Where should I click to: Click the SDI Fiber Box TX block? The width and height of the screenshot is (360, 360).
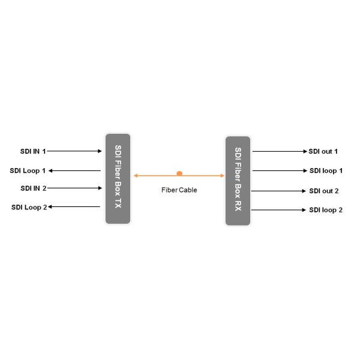point(118,178)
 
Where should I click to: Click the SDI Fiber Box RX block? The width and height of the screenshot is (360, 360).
point(238,181)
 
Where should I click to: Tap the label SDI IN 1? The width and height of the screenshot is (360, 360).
point(32,151)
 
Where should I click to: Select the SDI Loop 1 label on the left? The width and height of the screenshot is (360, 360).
point(28,170)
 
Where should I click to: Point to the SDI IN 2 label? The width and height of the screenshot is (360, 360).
point(33,188)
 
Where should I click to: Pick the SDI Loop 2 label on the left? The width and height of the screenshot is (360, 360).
point(29,208)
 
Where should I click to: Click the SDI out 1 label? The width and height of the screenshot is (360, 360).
point(323,151)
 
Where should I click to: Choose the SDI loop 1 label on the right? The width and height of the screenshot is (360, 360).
point(326,171)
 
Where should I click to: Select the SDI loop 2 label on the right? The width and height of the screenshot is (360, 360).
point(326,210)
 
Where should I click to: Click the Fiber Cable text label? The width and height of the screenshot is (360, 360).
point(179,190)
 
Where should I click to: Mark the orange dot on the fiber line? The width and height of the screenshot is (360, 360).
point(179,173)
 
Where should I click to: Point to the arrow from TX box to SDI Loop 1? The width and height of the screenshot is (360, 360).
point(74,170)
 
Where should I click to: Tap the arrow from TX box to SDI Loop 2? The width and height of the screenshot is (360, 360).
point(74,207)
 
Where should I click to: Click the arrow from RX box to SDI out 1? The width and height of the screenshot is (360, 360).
point(279,151)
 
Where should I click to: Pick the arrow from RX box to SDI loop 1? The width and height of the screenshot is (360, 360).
point(279,171)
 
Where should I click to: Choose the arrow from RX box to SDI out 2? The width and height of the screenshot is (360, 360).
point(279,191)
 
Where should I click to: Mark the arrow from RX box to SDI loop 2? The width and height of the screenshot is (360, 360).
point(279,210)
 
